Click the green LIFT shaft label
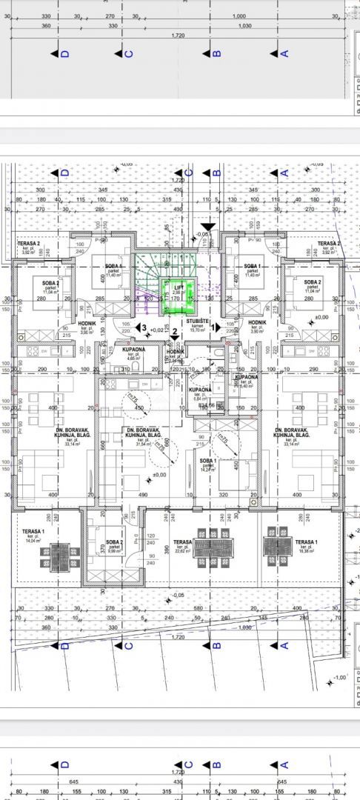pyautogui.click(x=177, y=287)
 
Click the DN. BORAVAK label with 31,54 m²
pyautogui.click(x=139, y=436)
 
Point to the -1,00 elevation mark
pyautogui.click(x=339, y=678)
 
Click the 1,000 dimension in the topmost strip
pyautogui.click(x=239, y=16)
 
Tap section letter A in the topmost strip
pyautogui.click(x=283, y=53)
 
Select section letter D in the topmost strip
pyautogui.click(x=65, y=53)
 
